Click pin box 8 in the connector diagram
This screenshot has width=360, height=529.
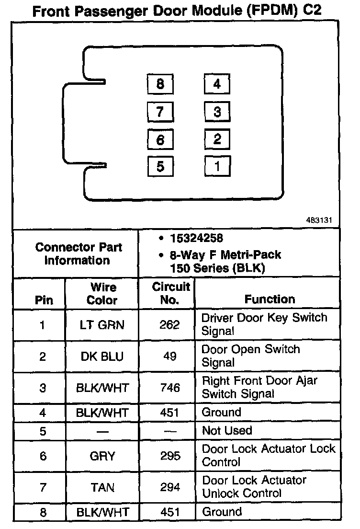point(160,85)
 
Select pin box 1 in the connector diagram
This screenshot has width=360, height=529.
point(217,166)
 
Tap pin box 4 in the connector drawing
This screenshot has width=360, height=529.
point(217,85)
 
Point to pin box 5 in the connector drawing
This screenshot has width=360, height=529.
point(160,166)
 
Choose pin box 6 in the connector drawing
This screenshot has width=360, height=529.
point(160,139)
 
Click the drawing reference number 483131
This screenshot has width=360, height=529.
point(319,221)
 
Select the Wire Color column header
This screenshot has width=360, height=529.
point(102,294)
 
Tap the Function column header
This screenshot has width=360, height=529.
point(270,299)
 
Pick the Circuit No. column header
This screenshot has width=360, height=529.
point(171,294)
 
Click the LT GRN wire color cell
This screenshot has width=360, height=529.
point(102,325)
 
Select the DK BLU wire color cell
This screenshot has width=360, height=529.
point(102,356)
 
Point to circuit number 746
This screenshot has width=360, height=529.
point(170,387)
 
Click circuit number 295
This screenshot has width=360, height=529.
point(170,455)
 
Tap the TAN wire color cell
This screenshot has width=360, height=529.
point(102,487)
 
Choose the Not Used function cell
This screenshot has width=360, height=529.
point(227,430)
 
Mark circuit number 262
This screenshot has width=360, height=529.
point(170,325)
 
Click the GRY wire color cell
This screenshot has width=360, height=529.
point(102,455)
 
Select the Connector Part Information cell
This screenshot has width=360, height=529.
point(79,254)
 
